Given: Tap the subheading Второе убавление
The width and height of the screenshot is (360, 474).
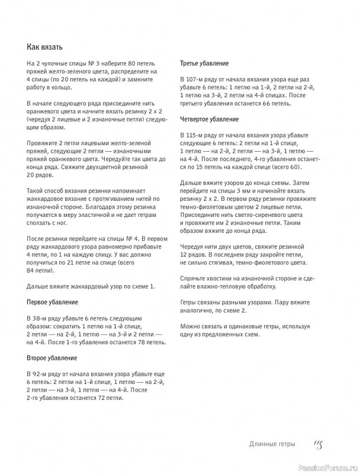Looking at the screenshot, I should (52, 358).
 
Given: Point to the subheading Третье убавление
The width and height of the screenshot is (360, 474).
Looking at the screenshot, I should (205, 63).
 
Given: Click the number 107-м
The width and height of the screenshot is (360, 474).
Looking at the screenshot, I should (201, 79).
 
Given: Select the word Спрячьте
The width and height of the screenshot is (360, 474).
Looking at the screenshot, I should (194, 278).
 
